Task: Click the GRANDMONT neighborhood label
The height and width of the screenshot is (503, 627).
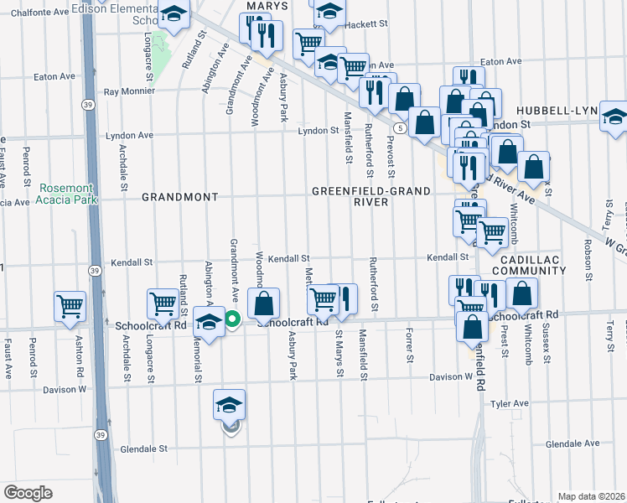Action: (179, 197)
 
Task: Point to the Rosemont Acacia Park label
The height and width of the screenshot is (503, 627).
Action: (67, 193)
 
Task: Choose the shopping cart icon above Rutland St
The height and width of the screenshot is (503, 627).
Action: (162, 303)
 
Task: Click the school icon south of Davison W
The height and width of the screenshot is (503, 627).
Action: (229, 405)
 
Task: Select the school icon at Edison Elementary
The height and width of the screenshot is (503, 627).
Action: (174, 14)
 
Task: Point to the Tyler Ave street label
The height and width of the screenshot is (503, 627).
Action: (510, 403)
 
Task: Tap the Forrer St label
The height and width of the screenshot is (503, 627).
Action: (411, 346)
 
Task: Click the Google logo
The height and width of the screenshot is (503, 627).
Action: (28, 493)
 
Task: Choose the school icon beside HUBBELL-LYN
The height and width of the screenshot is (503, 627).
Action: (614, 117)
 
